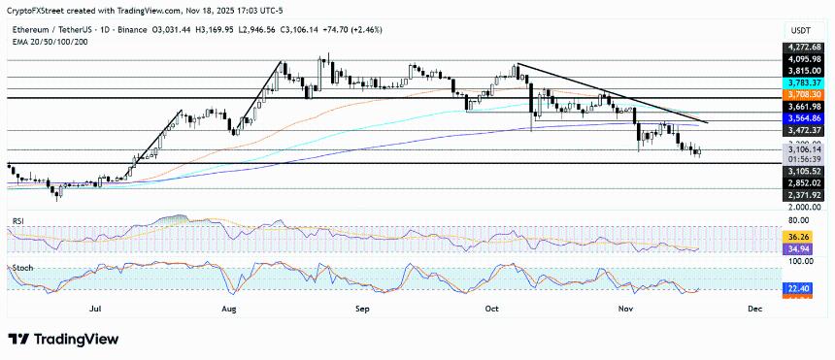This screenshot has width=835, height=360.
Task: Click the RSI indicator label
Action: tap(17, 221)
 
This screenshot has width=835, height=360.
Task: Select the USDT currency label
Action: tap(802, 29)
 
